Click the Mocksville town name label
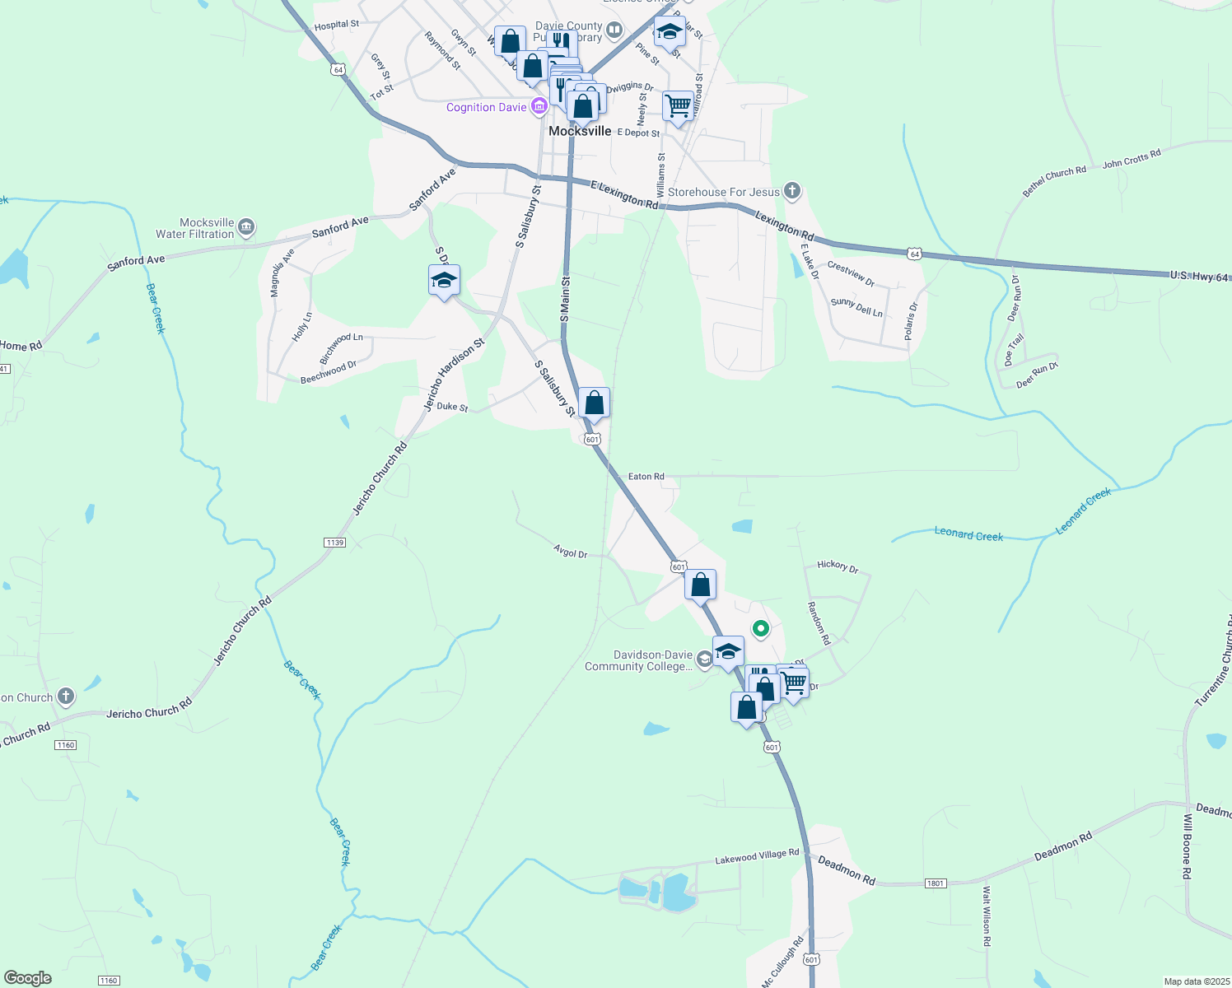tap(580, 131)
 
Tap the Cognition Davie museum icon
tap(539, 106)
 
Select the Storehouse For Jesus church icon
tap(791, 192)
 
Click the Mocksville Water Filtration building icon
tap(246, 227)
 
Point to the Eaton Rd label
tap(646, 477)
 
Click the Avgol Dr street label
tap(571, 552)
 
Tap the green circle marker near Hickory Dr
tap(761, 629)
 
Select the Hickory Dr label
tap(838, 566)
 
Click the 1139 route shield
tap(334, 543)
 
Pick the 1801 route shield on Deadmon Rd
tap(935, 883)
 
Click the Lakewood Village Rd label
tap(757, 857)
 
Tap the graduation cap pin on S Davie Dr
tap(444, 281)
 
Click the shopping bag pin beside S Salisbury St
tap(594, 403)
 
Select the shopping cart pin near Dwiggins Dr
tap(678, 105)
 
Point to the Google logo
tap(28, 978)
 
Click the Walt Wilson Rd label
tap(986, 915)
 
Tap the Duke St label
tap(452, 407)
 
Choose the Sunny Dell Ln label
tap(856, 307)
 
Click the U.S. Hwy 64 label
tap(1199, 277)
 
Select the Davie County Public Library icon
tap(614, 31)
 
